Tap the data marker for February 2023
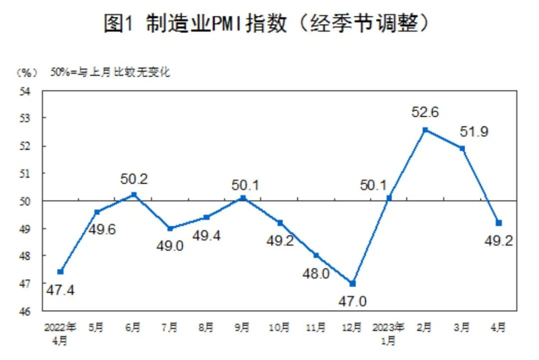(425, 130)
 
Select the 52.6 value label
(425, 112)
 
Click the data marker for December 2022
(352, 283)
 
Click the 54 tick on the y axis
(26, 91)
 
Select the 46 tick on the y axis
(26, 311)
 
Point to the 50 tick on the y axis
(26, 201)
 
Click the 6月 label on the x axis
(133, 328)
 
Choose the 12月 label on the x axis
(352, 328)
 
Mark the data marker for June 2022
(133, 195)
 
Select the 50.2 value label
(134, 178)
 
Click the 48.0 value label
(315, 274)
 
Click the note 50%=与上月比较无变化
(110, 73)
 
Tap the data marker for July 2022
(170, 228)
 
